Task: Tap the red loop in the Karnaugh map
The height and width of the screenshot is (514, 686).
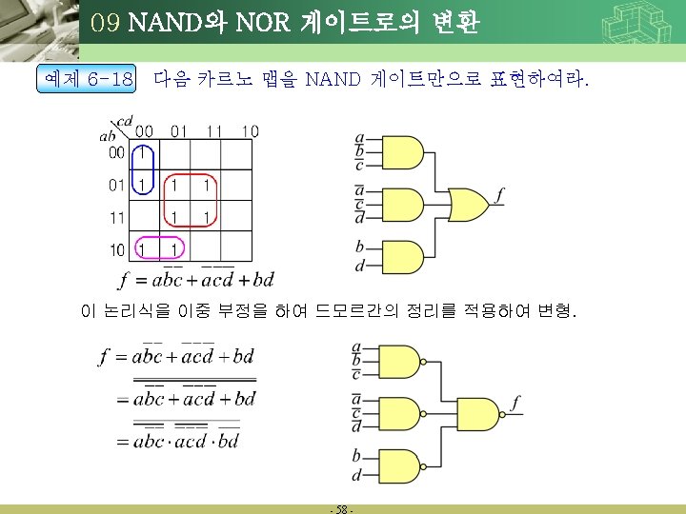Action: (189, 200)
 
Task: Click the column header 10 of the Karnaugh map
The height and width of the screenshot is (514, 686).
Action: (250, 130)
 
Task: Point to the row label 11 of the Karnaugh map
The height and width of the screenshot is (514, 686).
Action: (115, 217)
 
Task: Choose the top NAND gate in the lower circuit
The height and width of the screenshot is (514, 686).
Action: (402, 360)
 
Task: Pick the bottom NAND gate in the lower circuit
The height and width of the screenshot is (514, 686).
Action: (402, 464)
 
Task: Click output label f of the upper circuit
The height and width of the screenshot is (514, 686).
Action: (499, 196)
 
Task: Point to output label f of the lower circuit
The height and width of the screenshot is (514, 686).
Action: (515, 404)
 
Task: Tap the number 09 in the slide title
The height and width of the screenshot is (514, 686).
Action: (107, 22)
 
